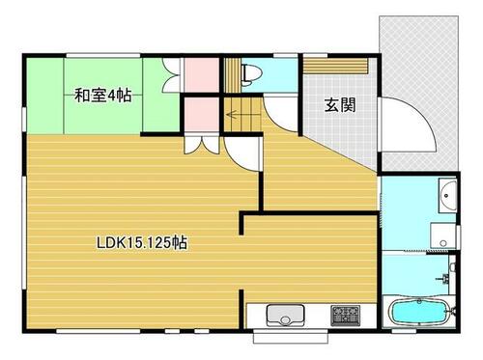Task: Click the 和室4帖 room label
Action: pos(102,96)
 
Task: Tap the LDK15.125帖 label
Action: pos(142,243)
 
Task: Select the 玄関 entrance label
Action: pos(340,105)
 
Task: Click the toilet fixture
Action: pos(250,75)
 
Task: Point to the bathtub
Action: pos(418,312)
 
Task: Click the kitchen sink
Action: pos(285,316)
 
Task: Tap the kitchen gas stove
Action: pos(346,315)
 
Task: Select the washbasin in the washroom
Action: pos(447,195)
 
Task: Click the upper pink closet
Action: pos(202,74)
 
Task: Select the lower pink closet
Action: pos(202,114)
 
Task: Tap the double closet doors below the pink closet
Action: pos(202,145)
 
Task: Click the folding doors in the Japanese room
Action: pos(171,75)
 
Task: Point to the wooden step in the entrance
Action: pos(336,66)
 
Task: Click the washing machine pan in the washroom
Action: pos(443,235)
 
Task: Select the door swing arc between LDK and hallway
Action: pos(241,153)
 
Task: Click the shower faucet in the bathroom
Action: pos(445,278)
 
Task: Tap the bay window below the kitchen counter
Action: pos(291,336)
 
